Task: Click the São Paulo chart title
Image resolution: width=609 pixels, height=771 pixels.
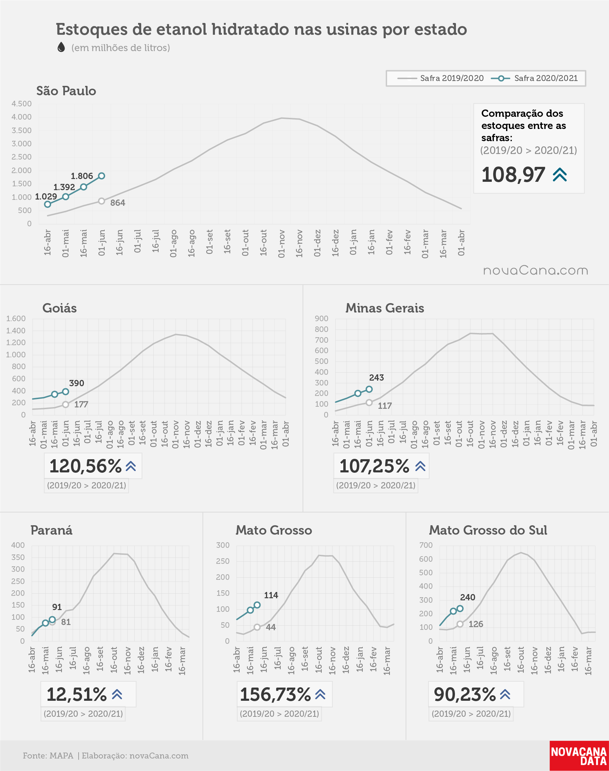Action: point(66,91)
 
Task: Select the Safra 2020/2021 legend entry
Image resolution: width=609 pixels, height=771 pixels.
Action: point(535,78)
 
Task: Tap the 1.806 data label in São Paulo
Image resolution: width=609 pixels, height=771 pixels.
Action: point(82,176)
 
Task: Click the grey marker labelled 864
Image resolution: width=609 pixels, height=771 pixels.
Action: point(102,201)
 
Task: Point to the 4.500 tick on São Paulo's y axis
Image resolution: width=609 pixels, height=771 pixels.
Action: point(22,104)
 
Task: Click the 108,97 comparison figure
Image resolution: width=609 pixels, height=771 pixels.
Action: point(513,175)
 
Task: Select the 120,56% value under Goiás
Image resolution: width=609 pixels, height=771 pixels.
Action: point(86,466)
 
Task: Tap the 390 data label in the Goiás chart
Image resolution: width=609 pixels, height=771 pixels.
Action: point(77,383)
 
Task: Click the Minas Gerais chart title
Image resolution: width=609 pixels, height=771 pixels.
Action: point(385,308)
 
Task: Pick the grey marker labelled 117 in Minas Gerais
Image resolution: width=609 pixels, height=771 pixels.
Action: point(369,403)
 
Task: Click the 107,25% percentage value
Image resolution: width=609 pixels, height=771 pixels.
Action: point(374,466)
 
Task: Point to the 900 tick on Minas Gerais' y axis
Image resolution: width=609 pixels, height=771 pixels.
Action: point(321,318)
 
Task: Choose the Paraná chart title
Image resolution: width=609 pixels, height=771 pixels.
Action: point(51,530)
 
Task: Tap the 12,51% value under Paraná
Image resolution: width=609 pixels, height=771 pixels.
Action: point(77,695)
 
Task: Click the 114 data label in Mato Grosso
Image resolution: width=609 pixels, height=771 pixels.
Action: point(271,595)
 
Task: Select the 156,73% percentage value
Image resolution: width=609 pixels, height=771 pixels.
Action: point(275,695)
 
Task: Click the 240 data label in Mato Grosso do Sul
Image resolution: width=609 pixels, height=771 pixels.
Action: point(467,597)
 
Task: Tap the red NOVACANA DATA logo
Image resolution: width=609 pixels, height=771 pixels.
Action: point(579,756)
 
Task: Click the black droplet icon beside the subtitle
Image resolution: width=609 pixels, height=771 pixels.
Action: point(61,47)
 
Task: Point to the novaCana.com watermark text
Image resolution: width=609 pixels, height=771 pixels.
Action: point(536,270)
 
